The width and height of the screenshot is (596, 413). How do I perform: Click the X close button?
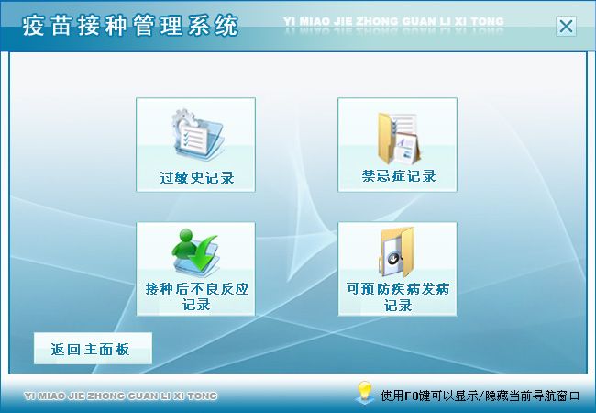566,27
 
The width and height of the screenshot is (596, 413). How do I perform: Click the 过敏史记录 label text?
196,178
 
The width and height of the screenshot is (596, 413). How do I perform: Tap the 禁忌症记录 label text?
398,176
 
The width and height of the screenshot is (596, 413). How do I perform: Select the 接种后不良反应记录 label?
196,296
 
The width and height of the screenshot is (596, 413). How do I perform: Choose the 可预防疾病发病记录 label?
398,296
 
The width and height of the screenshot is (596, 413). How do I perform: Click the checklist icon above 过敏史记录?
198,132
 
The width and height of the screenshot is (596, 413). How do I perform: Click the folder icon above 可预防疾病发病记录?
397,251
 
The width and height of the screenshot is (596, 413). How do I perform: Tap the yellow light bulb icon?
364,392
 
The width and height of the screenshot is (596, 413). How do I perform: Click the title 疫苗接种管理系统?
130,26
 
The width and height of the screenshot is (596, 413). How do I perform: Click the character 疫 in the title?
33,26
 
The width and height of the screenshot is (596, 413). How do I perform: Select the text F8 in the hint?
412,396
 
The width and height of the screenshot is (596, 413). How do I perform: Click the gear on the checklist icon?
184,118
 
